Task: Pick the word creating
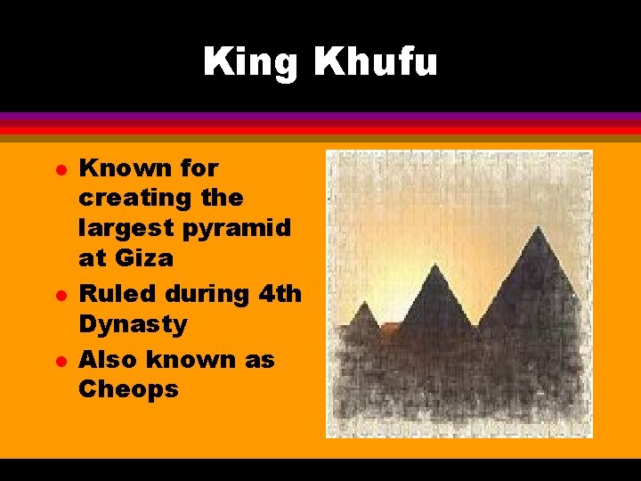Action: tap(135, 198)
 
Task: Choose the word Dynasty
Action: tap(134, 324)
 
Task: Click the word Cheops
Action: tap(129, 389)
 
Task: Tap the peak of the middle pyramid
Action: tap(434, 265)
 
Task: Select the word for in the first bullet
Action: tap(199, 167)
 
